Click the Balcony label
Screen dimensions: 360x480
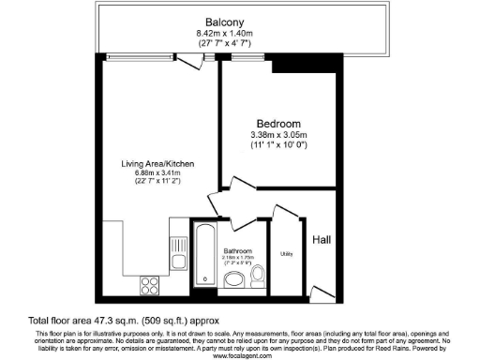(226, 22)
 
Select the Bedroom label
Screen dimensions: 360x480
(279, 124)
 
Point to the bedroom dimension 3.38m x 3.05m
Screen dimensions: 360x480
(279, 136)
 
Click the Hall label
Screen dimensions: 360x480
(322, 239)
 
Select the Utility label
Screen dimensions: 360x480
(286, 254)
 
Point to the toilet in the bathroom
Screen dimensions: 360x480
(259, 276)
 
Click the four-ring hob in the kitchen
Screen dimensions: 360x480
(149, 282)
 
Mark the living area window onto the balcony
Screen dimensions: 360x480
(142, 53)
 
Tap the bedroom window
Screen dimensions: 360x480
(247, 53)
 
